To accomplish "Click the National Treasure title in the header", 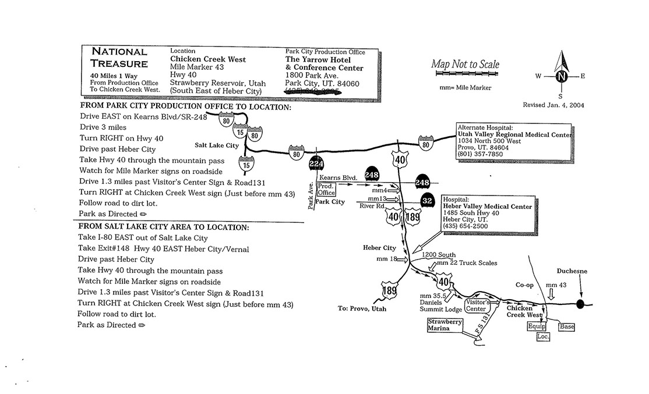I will (x=119, y=58).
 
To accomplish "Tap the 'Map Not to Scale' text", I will (x=465, y=65).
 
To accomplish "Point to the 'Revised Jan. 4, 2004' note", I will (x=554, y=105).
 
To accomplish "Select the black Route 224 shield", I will (x=316, y=165).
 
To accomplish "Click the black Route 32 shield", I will (x=428, y=200).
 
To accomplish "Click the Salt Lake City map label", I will (x=216, y=145).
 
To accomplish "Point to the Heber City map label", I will (x=379, y=248).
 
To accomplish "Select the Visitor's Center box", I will (x=476, y=306).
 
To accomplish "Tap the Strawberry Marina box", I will (x=445, y=325).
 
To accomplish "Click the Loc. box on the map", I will (x=543, y=336).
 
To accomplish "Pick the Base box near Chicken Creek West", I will (x=567, y=326).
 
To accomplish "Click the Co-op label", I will (x=524, y=285).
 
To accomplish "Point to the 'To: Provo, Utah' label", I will (x=362, y=308).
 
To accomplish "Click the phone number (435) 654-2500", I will (x=465, y=226).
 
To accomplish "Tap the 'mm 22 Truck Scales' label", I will (x=466, y=263).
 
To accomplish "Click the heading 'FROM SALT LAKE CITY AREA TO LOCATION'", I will (x=164, y=227).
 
